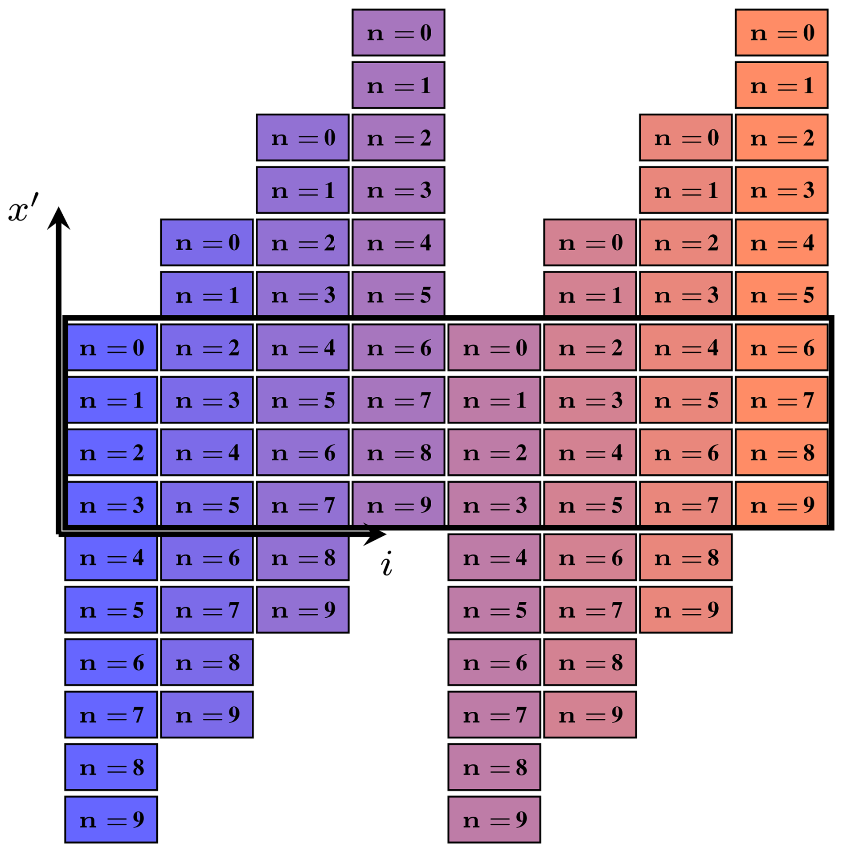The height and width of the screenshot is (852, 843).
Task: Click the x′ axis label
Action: pos(23,208)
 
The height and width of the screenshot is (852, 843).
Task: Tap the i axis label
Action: pos(386,564)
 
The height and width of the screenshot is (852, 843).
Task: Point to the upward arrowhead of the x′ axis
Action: pos(58,218)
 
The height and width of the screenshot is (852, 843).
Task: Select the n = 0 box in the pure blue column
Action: pos(111,347)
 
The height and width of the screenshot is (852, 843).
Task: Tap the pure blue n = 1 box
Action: pos(111,400)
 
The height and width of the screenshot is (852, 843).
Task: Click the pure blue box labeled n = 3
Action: pos(111,505)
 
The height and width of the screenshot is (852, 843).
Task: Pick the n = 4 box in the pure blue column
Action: pos(111,558)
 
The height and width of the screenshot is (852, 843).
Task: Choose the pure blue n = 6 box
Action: pos(111,662)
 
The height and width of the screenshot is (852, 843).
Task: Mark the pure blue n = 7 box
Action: pos(111,715)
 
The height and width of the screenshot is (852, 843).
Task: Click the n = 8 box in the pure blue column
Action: pos(111,767)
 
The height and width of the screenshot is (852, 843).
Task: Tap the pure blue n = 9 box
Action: pos(111,819)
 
